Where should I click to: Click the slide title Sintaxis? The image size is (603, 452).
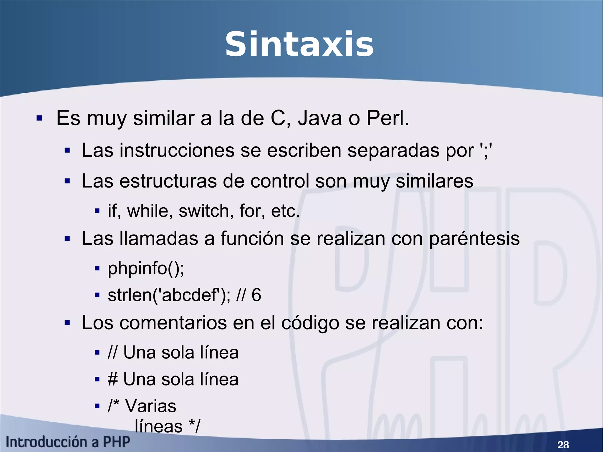299,45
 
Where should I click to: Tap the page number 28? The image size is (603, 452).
563,444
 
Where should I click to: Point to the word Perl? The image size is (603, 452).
387,118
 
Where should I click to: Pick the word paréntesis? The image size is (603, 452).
474,239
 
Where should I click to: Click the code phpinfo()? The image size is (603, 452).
146,269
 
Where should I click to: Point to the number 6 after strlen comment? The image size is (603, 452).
256,295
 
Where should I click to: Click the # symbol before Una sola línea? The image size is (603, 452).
113,379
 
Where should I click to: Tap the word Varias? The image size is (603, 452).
151,406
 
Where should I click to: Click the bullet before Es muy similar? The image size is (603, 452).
39,119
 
